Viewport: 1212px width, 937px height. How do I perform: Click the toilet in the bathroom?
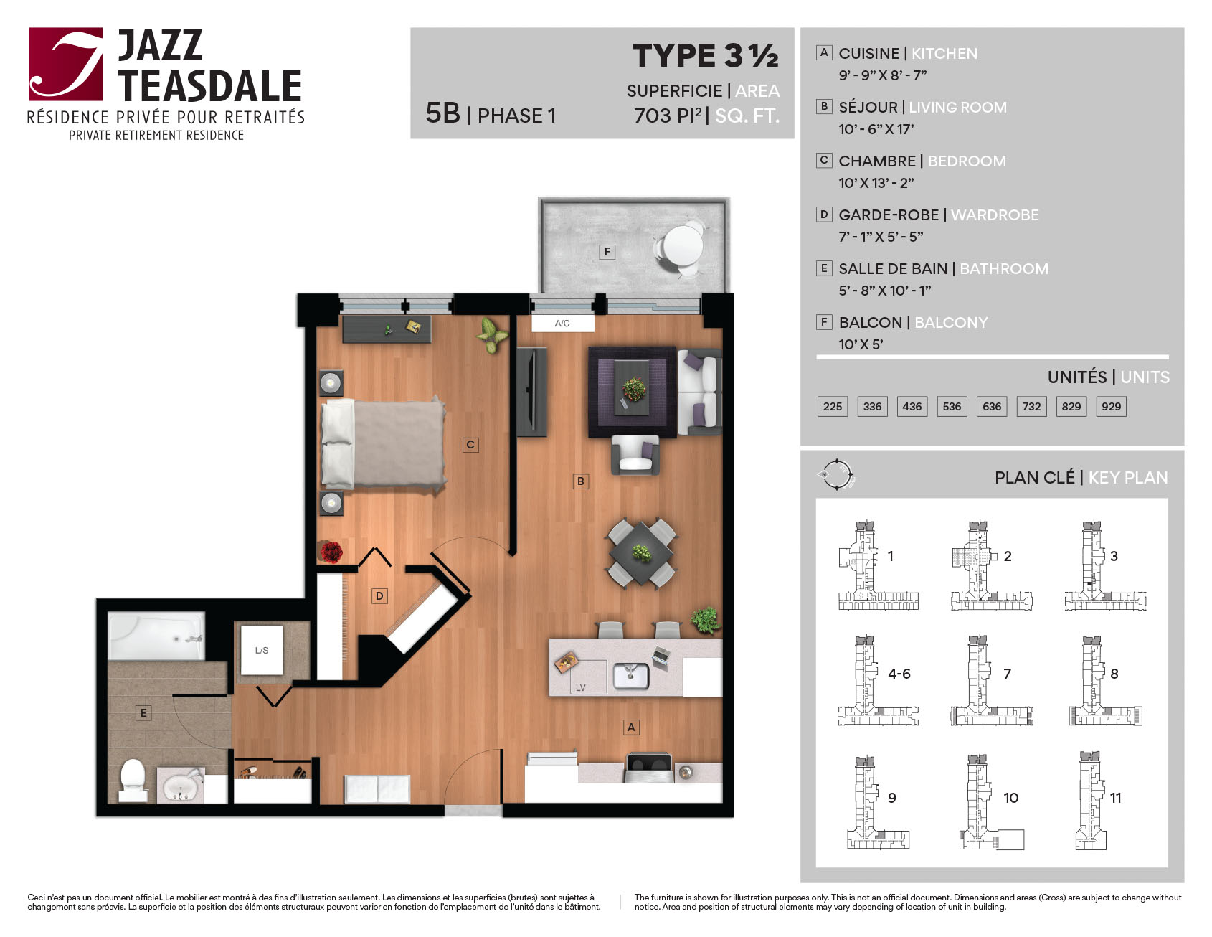[x=133, y=780]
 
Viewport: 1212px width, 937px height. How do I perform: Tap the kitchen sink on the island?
[x=631, y=676]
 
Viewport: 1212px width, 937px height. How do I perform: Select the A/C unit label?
[x=562, y=324]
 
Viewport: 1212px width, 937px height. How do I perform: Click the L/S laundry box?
[x=262, y=650]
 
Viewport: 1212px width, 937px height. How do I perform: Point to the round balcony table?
[x=683, y=245]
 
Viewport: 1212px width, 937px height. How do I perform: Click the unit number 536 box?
[x=952, y=407]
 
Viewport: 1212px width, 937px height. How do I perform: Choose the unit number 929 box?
[x=1111, y=407]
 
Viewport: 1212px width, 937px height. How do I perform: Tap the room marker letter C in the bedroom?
[x=470, y=445]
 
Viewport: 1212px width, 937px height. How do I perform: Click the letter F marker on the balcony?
[x=607, y=252]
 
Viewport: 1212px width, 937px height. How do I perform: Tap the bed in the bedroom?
[x=383, y=444]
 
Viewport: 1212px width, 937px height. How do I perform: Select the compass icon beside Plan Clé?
[x=836, y=474]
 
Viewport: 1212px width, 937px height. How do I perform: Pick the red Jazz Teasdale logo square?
[x=66, y=64]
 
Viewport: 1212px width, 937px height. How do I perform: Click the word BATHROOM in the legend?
[x=1004, y=269]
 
